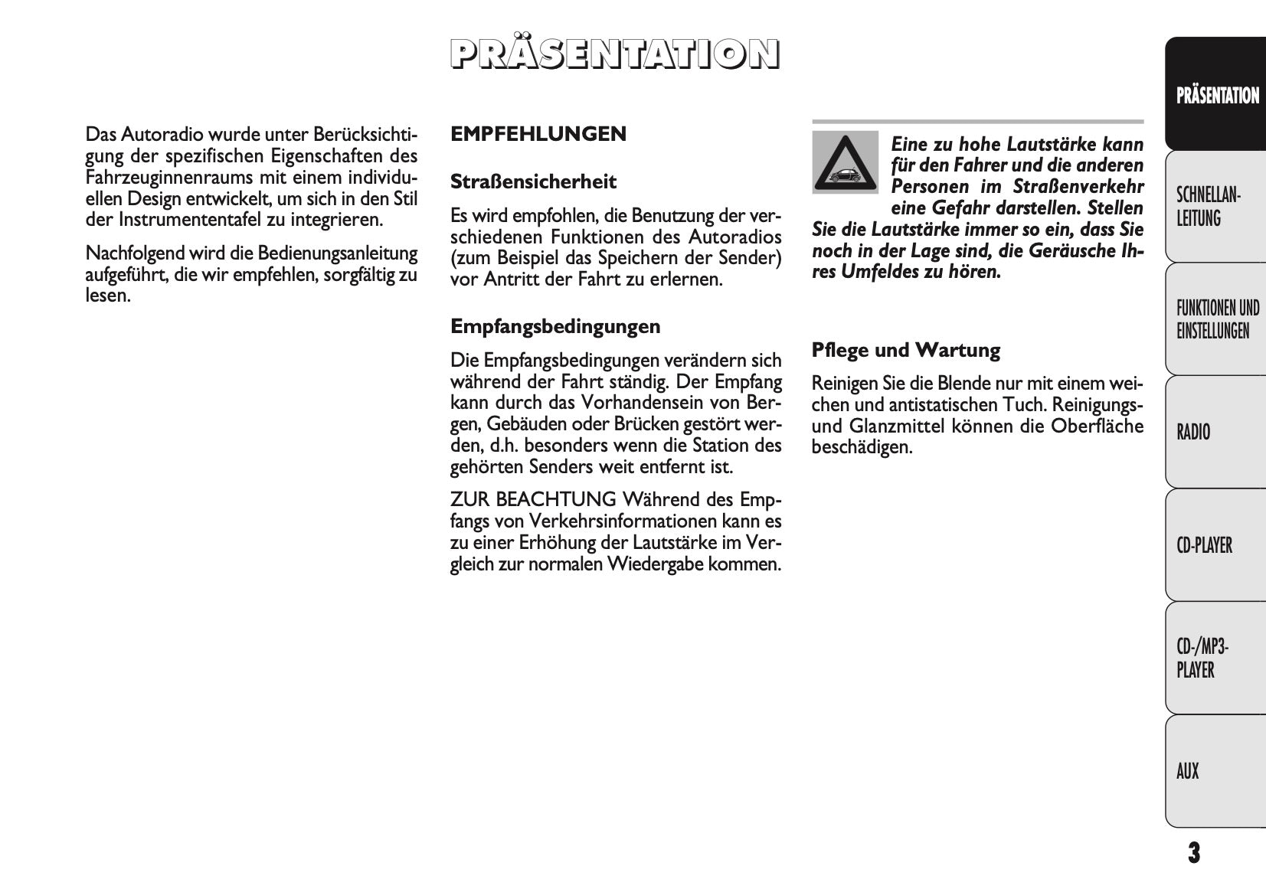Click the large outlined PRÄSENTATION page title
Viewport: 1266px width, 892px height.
click(x=614, y=54)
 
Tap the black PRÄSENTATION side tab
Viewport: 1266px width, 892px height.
click(x=1216, y=95)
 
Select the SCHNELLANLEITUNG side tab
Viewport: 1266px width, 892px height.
click(x=1216, y=207)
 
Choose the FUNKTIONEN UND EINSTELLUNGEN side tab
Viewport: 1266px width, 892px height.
click(x=1216, y=319)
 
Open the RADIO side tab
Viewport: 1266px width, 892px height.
click(x=1216, y=432)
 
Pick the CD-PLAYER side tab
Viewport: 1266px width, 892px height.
click(x=1216, y=545)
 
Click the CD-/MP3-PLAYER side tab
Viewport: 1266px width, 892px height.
click(x=1216, y=658)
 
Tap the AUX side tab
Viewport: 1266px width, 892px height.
click(x=1216, y=771)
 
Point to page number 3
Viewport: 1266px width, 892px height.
click(x=1193, y=852)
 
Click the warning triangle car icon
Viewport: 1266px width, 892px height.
click(x=845, y=163)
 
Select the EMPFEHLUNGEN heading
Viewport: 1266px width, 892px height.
click(x=538, y=134)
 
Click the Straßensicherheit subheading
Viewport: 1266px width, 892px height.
click(x=533, y=182)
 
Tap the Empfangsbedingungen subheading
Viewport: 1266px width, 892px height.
click(x=554, y=327)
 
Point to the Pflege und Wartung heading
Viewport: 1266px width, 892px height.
click(x=905, y=351)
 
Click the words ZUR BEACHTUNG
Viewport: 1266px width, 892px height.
click(x=533, y=500)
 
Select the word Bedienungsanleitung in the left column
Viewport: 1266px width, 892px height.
click(x=338, y=253)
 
